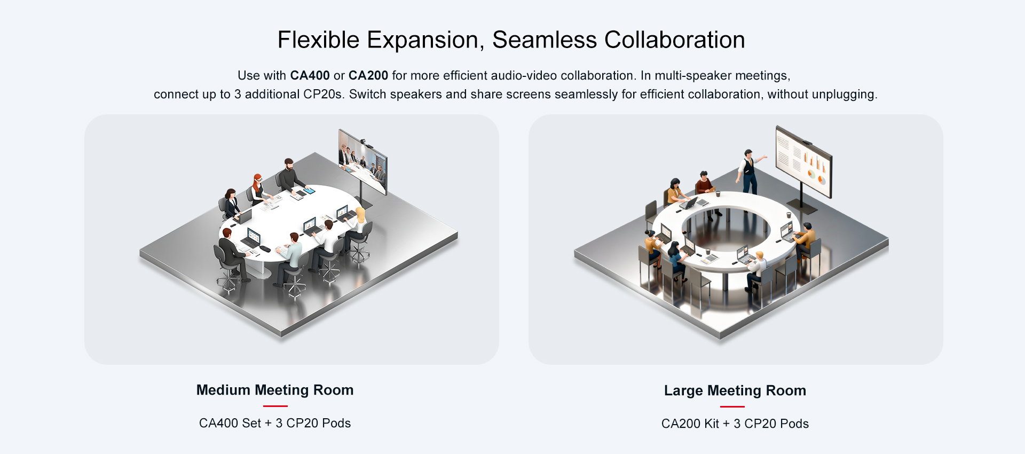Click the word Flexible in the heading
(318, 40)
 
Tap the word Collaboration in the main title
(674, 40)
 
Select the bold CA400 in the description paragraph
(310, 75)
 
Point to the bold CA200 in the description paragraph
(368, 75)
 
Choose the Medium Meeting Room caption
(275, 390)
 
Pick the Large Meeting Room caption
(735, 390)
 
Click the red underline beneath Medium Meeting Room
(275, 406)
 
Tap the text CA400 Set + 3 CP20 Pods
(275, 423)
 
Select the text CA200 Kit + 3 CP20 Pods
(735, 424)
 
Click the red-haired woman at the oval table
(258, 189)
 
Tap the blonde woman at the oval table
(358, 227)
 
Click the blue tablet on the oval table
(309, 190)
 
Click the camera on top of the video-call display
(362, 141)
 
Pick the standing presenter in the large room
(750, 172)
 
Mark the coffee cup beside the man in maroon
(718, 194)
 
